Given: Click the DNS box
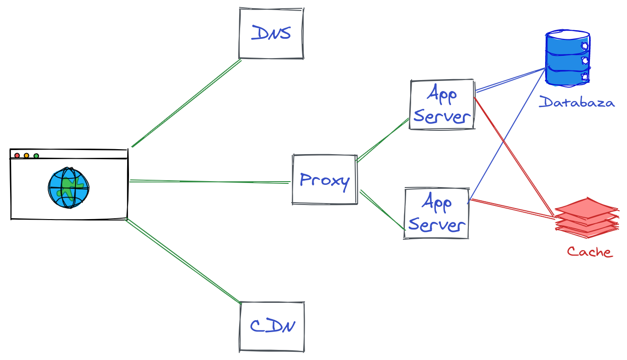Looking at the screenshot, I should [x=271, y=33].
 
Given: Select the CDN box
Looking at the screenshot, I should [x=272, y=327].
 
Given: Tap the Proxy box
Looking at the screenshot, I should [x=324, y=180].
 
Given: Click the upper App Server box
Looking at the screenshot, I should [x=442, y=105].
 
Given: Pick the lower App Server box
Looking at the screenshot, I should [x=437, y=213].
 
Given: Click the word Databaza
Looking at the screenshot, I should [x=576, y=102].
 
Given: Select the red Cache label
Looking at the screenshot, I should [x=589, y=252].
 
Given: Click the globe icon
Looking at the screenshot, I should [x=69, y=188].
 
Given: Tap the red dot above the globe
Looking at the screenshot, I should [x=17, y=156].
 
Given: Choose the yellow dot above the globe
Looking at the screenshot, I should [x=27, y=156].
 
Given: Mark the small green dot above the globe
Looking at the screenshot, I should [x=36, y=156].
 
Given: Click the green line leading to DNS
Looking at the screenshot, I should [x=186, y=103].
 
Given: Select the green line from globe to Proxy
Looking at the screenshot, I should [x=210, y=182].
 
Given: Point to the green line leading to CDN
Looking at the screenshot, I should [x=183, y=261].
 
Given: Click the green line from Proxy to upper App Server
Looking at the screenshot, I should [x=382, y=140].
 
